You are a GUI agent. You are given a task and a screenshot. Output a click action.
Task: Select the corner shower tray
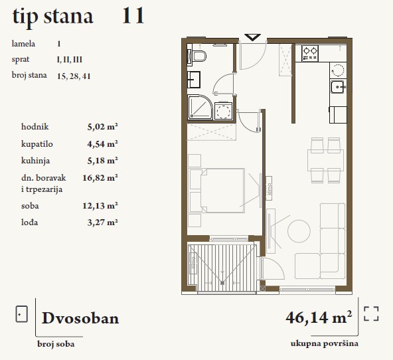click(x=200, y=106)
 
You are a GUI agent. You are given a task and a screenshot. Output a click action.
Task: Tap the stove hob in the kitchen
click(x=310, y=53)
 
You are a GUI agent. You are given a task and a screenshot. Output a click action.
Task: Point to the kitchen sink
click(x=338, y=87)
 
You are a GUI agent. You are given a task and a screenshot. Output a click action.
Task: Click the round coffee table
click(x=299, y=231)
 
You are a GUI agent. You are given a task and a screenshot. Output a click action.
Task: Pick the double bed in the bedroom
click(x=217, y=191)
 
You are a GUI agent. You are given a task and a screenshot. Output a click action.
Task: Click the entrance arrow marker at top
click(x=252, y=37)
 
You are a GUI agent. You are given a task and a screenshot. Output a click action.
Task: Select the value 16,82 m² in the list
click(x=100, y=178)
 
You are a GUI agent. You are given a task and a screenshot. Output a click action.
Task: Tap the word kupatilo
click(x=37, y=144)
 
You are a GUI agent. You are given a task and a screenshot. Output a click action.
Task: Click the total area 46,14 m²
click(x=319, y=317)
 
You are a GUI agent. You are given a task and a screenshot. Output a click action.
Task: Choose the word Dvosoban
click(x=80, y=318)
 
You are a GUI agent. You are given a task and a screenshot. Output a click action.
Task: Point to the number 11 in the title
click(x=133, y=16)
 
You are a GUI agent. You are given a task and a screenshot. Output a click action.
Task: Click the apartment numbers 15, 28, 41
click(x=74, y=76)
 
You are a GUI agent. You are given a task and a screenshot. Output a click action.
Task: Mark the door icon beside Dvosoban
click(x=21, y=314)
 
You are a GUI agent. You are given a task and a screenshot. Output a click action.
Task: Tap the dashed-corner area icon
click(x=371, y=314)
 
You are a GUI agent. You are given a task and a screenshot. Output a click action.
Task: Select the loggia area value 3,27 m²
click(x=102, y=223)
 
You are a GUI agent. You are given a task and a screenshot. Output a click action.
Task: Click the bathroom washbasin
click(x=194, y=80)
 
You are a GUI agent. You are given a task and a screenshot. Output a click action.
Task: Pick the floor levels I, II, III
click(x=70, y=60)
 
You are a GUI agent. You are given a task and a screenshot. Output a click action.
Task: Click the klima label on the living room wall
click(x=269, y=189)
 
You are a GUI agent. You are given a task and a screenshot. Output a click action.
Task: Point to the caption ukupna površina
click(x=325, y=343)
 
